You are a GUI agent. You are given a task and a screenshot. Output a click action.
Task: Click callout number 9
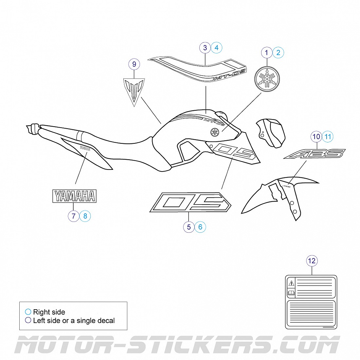[x=134, y=64]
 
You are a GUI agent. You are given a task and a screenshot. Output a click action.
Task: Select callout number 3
[x=205, y=48]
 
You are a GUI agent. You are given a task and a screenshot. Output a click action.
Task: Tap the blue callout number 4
[x=217, y=48]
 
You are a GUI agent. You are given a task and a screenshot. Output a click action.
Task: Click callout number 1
[x=267, y=53]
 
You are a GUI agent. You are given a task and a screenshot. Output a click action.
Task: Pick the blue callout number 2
[x=278, y=53]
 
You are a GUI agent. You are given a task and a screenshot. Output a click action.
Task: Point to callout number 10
[x=316, y=136]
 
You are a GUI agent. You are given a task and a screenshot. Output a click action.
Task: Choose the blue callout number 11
[x=328, y=136]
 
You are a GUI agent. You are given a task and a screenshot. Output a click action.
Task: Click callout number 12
[x=312, y=261]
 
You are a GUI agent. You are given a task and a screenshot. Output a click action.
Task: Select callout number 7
[x=74, y=216]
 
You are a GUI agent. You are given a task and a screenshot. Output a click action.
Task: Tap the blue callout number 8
[x=85, y=216]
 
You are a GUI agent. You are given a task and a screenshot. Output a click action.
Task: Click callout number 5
[x=189, y=227]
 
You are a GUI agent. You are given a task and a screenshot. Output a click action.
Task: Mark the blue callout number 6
[x=200, y=227]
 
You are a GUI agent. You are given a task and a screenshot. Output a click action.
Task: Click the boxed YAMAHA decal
[x=75, y=196]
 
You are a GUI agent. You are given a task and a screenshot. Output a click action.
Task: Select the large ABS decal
[x=314, y=154]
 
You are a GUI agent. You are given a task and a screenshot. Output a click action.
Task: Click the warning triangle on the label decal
[x=291, y=283]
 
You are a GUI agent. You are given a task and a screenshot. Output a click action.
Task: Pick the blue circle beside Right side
[x=28, y=312]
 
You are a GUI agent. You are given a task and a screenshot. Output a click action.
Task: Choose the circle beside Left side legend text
[x=28, y=320]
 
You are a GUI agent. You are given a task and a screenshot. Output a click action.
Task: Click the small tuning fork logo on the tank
[x=214, y=132]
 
